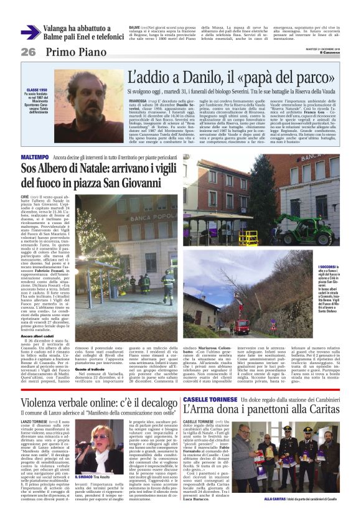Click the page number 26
[x=27, y=52]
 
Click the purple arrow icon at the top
[x=30, y=32]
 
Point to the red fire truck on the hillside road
[x=241, y=324]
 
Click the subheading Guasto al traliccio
[x=90, y=352]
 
